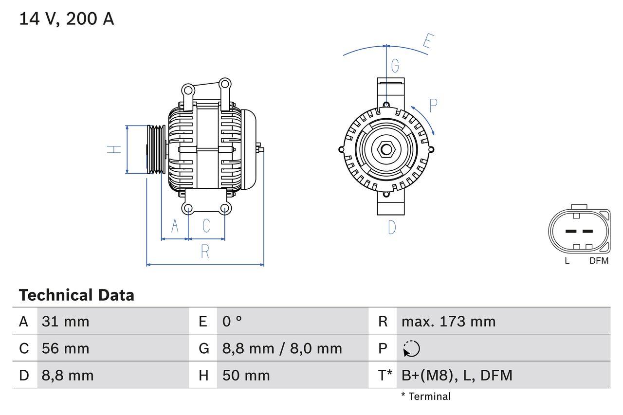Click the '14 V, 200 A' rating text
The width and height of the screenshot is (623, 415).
(67, 19)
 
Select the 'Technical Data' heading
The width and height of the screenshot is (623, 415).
(76, 295)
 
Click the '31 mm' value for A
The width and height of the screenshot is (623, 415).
(66, 321)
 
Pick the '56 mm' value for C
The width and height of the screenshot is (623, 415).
(66, 348)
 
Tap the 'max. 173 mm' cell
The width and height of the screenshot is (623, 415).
(448, 321)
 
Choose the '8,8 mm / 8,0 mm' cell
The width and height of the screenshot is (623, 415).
(282, 348)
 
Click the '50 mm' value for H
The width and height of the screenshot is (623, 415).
(246, 375)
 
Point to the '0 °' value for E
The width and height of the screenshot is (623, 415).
(232, 321)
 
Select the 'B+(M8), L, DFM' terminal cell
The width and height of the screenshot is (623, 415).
(457, 375)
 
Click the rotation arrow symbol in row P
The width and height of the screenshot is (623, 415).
(411, 348)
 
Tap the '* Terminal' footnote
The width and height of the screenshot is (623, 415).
(426, 397)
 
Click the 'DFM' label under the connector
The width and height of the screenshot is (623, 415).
(599, 261)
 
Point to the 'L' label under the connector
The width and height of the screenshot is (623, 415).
(567, 261)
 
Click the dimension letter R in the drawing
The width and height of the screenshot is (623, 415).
(205, 252)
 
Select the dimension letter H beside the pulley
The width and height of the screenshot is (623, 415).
(114, 149)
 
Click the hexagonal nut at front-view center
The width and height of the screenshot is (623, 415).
(386, 149)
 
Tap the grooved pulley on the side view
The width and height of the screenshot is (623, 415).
(156, 149)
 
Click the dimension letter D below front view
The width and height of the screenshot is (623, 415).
(392, 227)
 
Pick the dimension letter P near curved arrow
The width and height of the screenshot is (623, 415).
(433, 106)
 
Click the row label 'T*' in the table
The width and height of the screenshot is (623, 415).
(385, 375)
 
